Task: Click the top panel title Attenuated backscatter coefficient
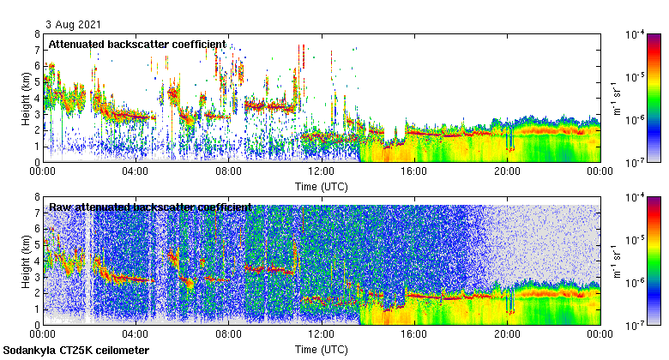coord(137,44)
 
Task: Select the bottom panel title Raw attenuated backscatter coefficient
coord(150,207)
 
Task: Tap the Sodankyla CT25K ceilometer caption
coord(76,351)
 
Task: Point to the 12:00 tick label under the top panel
coord(321,171)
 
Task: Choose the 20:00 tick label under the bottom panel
coord(506,334)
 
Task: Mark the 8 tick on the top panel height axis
coord(37,34)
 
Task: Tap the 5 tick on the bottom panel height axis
coord(37,245)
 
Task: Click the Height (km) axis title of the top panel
coord(26,98)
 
